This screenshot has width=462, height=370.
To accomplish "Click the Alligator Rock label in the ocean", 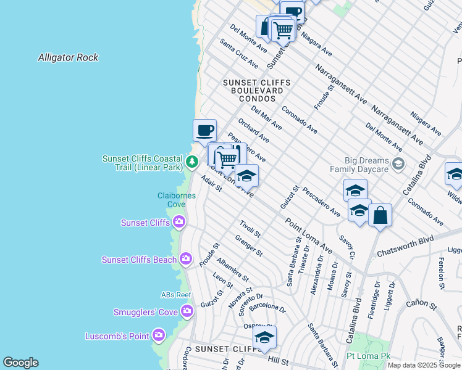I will (68, 57).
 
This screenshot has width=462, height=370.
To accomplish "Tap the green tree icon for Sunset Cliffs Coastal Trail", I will (192, 162).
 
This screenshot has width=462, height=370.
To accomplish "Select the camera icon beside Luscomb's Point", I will (159, 335).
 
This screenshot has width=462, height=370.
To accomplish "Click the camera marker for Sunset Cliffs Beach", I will (186, 260).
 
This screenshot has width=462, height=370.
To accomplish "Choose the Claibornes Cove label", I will (176, 200).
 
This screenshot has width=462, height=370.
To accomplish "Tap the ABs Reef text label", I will (176, 295).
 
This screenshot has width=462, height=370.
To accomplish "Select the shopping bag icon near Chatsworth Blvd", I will (380, 216).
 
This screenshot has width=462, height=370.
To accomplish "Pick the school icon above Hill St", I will (264, 337).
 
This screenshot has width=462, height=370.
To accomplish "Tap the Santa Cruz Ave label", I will (239, 54).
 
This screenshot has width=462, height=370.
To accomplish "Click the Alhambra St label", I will (232, 269).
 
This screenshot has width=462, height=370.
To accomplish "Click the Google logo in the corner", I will (20, 363).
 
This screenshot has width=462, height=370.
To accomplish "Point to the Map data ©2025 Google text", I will (423, 365).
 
